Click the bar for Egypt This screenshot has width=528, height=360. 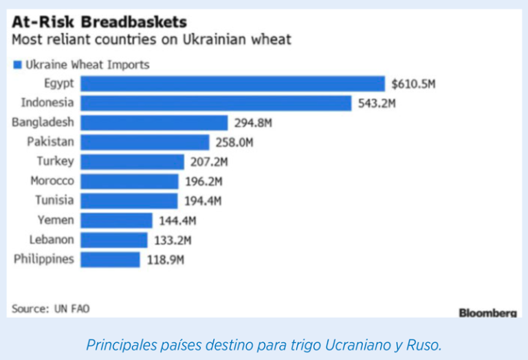click(x=232, y=84)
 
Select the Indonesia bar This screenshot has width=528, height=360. click(x=216, y=103)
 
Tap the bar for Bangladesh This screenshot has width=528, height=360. click(x=154, y=123)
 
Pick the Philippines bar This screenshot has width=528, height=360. click(x=110, y=260)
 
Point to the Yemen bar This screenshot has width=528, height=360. click(x=116, y=221)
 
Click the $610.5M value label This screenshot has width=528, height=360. click(x=413, y=85)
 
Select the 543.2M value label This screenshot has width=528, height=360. click(x=377, y=104)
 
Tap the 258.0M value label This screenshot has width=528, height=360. click(x=234, y=143)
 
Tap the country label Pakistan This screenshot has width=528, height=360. click(x=50, y=142)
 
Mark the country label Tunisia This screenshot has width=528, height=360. click(x=54, y=201)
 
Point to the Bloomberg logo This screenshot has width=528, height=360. click(x=487, y=313)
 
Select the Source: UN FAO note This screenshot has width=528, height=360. click(x=50, y=308)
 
